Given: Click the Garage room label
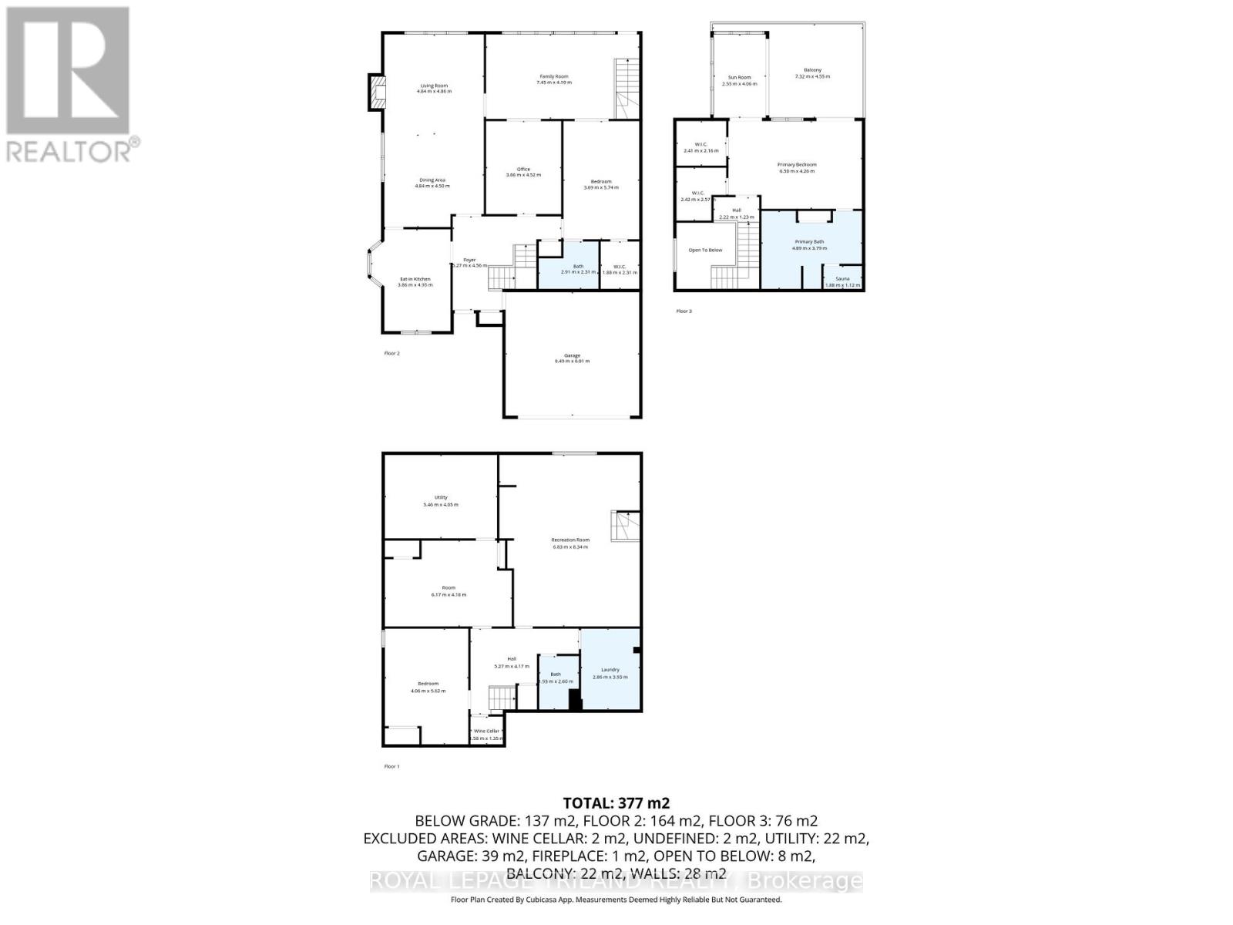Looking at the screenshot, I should click(572, 355).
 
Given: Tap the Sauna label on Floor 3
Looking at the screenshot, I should click(842, 278).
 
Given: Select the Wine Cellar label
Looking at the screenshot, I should click(487, 731).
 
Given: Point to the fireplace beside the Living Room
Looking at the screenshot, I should click(376, 92).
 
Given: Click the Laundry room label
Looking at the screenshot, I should click(610, 670).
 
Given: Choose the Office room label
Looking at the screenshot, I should click(523, 170).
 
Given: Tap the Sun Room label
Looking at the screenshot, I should click(740, 77).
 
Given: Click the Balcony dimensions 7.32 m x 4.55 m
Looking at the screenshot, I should click(812, 77).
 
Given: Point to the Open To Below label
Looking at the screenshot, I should click(705, 250).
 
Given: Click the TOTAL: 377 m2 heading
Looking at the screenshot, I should click(611, 803).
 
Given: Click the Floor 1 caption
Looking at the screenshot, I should click(392, 766).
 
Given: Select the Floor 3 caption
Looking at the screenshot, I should click(684, 311).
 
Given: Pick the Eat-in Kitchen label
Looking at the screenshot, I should click(415, 279).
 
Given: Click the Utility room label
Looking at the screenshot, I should click(441, 498).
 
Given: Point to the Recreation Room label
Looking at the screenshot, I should click(570, 540).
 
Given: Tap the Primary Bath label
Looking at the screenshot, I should click(809, 242).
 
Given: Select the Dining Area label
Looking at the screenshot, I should click(430, 180).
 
